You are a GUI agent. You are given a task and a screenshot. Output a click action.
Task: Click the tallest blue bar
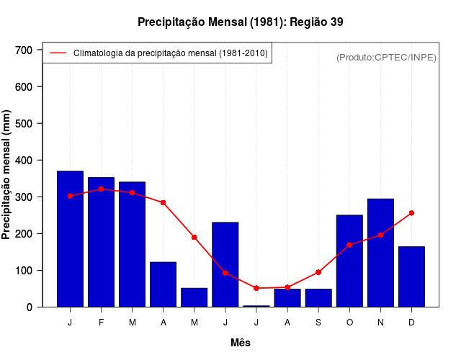click(x=70, y=239)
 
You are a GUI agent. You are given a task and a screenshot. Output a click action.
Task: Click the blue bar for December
click(x=411, y=276)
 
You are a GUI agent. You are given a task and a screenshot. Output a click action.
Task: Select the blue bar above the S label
click(x=318, y=297)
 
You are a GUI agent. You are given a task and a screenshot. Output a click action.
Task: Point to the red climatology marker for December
click(x=411, y=213)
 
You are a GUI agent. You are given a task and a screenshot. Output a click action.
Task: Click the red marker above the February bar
click(x=102, y=189)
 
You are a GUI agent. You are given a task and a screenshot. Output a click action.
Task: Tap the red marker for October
click(x=349, y=245)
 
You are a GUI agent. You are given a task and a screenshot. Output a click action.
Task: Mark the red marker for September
click(x=318, y=272)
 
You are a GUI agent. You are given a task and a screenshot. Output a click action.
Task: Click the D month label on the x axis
click(x=411, y=323)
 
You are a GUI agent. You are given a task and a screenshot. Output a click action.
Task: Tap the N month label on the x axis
click(x=380, y=323)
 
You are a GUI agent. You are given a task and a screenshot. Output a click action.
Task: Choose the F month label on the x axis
click(x=102, y=323)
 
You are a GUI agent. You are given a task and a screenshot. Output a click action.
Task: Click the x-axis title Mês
click(x=241, y=343)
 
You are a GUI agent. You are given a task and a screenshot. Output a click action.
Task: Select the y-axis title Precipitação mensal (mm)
click(x=7, y=175)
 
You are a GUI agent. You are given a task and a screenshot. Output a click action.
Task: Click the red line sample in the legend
click(x=58, y=53)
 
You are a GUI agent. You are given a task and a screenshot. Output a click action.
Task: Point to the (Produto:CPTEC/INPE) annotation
click(x=386, y=58)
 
